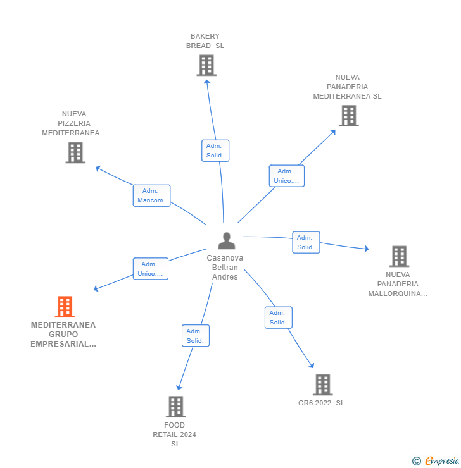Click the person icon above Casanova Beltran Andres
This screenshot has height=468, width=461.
[226, 241]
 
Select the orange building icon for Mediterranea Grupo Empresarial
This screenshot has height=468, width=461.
[65, 307]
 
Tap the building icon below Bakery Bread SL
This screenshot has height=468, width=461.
[206, 65]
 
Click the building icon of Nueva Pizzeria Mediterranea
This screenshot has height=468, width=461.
[75, 152]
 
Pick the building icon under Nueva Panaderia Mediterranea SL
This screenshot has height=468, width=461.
[348, 116]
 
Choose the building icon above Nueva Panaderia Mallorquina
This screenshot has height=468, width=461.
[399, 256]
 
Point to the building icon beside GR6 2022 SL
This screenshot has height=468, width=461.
[322, 385]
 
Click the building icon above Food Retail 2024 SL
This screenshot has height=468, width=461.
[175, 407]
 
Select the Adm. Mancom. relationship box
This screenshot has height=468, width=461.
[151, 195]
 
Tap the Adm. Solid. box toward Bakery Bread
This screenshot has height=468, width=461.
[215, 151]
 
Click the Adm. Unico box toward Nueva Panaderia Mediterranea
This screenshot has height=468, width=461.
[286, 176]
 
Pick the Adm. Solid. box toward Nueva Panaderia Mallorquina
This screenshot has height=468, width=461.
[306, 242]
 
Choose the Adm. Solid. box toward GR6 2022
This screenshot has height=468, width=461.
[278, 317]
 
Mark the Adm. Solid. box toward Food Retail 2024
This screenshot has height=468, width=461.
[195, 336]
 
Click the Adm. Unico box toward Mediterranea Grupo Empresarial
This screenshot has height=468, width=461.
[150, 269]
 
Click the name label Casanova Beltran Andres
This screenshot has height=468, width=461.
[225, 268]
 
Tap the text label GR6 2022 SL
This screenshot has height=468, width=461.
[322, 403]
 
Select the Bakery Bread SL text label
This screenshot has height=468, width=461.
[205, 41]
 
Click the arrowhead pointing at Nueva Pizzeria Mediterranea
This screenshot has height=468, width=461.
[98, 168]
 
